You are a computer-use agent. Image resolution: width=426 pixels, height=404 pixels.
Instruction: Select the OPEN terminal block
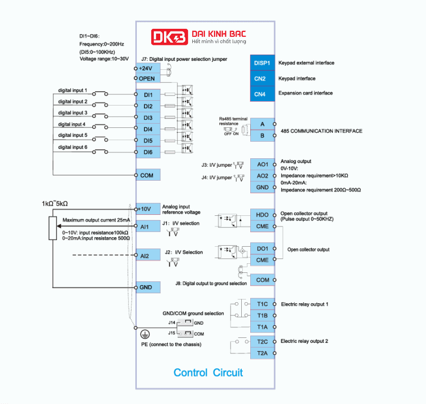[x=146, y=79]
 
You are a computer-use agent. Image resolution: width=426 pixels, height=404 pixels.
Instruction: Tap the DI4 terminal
[x=148, y=129]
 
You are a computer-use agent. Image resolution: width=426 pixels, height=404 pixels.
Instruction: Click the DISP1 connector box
[x=262, y=63]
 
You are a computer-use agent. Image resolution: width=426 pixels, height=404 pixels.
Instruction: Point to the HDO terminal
[x=263, y=214]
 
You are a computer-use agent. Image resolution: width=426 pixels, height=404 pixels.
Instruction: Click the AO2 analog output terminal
[x=263, y=175]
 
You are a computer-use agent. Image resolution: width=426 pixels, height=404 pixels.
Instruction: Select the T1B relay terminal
[x=263, y=316]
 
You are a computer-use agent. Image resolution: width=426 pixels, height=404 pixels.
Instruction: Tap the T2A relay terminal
[x=263, y=353]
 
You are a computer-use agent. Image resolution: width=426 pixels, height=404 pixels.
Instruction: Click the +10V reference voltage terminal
[x=145, y=208]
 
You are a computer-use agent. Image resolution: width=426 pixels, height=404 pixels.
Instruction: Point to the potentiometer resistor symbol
[x=52, y=228]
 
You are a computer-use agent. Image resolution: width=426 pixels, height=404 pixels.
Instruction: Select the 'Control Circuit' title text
[x=208, y=373]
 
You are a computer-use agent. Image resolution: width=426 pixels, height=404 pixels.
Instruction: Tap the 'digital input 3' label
[x=73, y=113]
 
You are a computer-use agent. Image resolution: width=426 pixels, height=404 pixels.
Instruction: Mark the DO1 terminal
[x=263, y=248]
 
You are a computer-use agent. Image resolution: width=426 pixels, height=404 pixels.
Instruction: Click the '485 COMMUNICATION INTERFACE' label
[x=322, y=131]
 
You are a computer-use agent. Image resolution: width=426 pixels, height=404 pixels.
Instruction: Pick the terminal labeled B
[x=263, y=136]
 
